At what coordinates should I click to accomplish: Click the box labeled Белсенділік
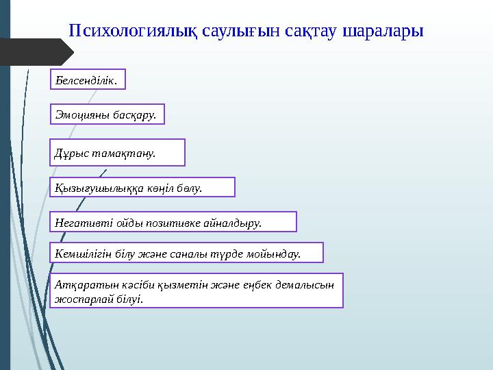click(x=89, y=80)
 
